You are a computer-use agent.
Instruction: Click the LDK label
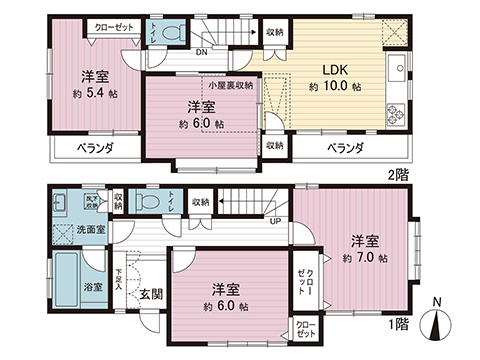pos(333,71)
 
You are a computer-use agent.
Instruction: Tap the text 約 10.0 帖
pos(333,87)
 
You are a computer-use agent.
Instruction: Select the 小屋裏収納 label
pos(230,86)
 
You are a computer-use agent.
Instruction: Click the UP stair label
pos(274,221)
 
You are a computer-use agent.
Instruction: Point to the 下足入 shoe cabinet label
pos(119,280)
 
